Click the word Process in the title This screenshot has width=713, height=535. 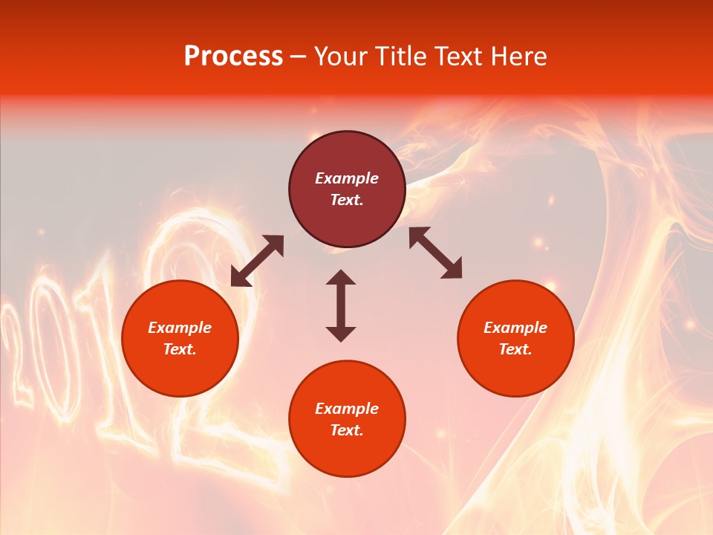pos(233,56)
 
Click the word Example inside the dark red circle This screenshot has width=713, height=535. pos(347,178)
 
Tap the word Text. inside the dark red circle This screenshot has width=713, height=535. pos(347,200)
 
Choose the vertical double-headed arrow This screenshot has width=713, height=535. pos(341,305)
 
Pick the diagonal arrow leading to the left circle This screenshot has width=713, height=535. pos(257,261)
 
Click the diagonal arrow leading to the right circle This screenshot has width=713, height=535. pos(436,253)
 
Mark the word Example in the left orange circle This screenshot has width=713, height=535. pos(180,328)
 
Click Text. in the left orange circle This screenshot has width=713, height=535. pos(180,349)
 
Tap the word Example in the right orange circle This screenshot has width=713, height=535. pos(515,328)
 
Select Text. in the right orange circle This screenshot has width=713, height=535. pos(515,349)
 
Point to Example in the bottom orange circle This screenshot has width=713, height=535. pos(347,409)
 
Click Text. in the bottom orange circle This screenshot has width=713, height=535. pos(347,430)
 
